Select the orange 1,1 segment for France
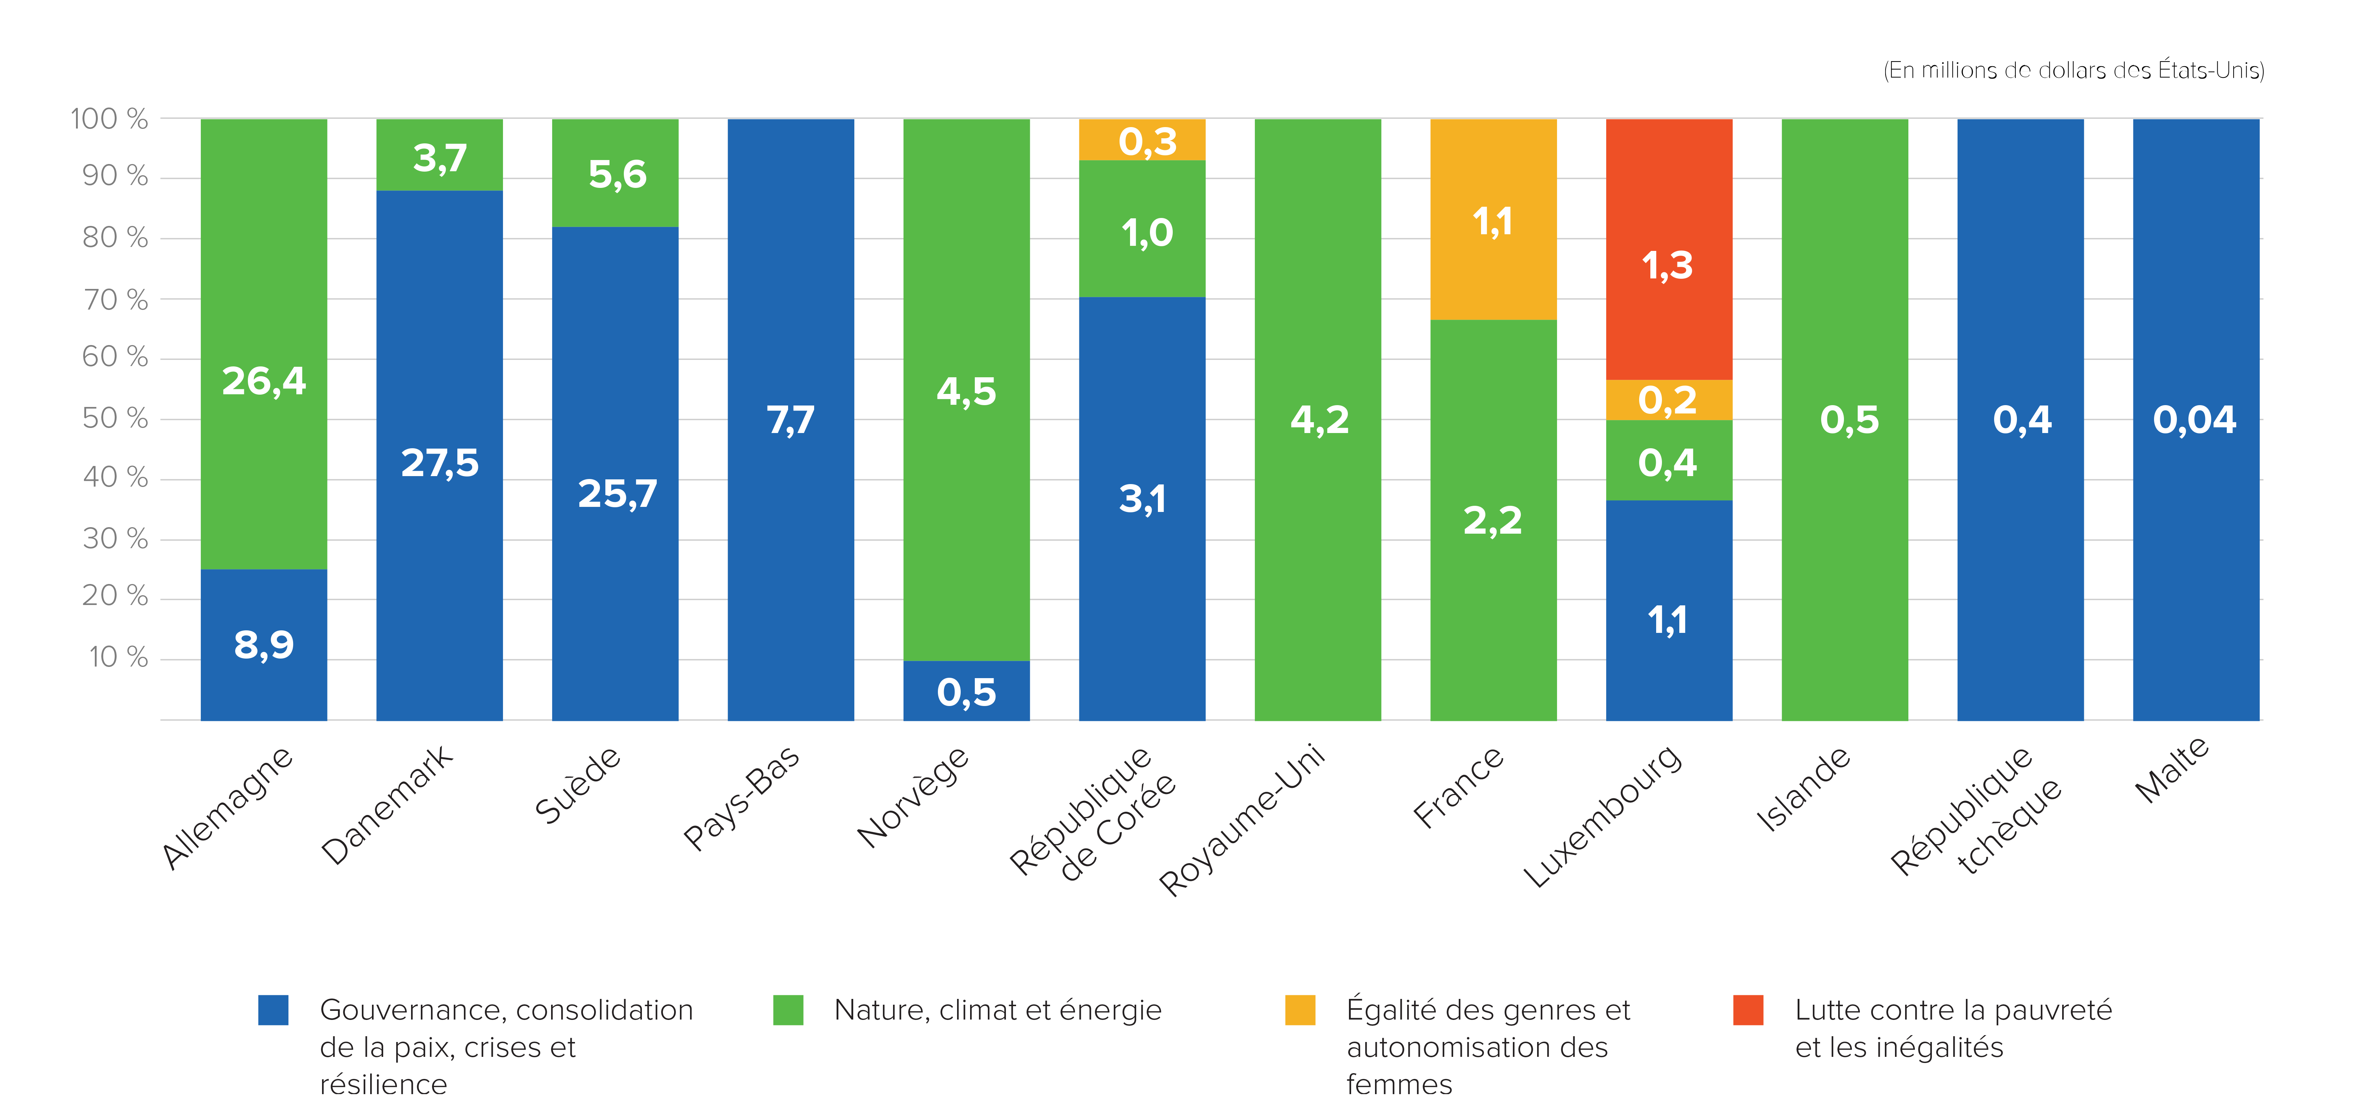click(1493, 220)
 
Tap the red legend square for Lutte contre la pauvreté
click(1748, 1009)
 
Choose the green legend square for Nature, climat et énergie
click(788, 1009)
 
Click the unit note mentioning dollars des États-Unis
click(2073, 71)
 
